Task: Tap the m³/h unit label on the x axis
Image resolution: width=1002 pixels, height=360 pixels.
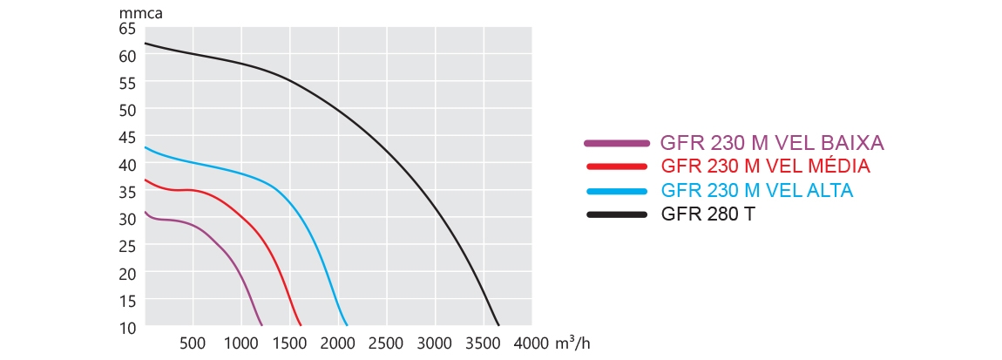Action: click(x=572, y=343)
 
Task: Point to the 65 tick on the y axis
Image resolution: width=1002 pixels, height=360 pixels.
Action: click(x=127, y=29)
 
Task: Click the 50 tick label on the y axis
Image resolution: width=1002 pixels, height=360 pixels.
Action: click(x=127, y=110)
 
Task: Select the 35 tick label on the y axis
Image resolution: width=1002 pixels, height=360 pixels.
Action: click(x=127, y=192)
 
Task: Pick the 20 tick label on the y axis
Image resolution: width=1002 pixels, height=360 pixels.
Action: click(x=127, y=274)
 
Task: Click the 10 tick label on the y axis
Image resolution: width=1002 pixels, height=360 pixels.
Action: click(x=127, y=328)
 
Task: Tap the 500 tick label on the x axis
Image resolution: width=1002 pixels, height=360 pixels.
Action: click(x=193, y=343)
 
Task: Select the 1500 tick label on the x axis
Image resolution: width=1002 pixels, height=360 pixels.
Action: click(x=289, y=343)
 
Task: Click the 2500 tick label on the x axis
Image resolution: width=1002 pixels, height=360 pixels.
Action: click(x=386, y=343)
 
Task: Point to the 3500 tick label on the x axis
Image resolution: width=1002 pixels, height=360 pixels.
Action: click(x=483, y=343)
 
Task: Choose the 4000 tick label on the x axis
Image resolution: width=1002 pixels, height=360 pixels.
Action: click(x=531, y=343)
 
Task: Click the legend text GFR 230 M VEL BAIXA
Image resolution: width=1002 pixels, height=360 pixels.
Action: click(x=773, y=143)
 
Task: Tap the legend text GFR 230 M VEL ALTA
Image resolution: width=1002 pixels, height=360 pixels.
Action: click(x=757, y=190)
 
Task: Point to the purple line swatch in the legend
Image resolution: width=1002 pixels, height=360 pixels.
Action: click(x=617, y=143)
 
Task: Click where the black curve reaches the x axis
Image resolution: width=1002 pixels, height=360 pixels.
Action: click(x=498, y=325)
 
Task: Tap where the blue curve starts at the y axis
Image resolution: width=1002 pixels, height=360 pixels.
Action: click(x=146, y=147)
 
